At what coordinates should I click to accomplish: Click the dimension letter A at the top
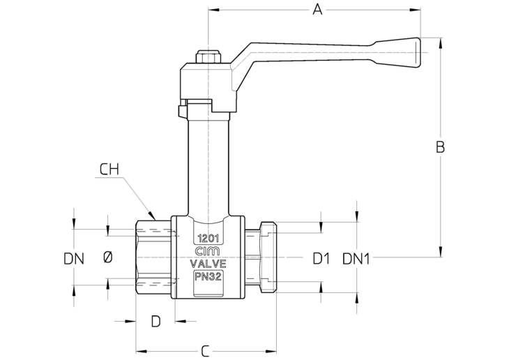click(x=317, y=10)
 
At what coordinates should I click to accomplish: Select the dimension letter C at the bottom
click(x=204, y=351)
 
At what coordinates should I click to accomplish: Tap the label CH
click(x=109, y=170)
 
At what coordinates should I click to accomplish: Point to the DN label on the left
click(x=74, y=259)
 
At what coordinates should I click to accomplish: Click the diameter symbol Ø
click(x=108, y=257)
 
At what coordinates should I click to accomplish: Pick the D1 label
click(x=321, y=259)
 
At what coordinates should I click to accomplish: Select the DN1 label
click(x=356, y=259)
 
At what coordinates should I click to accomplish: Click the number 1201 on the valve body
click(x=208, y=239)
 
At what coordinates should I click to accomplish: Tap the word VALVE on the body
click(x=208, y=263)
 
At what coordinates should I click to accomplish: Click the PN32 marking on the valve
click(x=208, y=277)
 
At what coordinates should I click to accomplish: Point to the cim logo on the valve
click(x=208, y=251)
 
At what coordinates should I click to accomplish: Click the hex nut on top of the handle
click(x=208, y=57)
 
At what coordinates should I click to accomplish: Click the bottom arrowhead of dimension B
click(x=441, y=251)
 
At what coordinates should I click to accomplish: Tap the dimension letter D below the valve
click(x=156, y=322)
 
